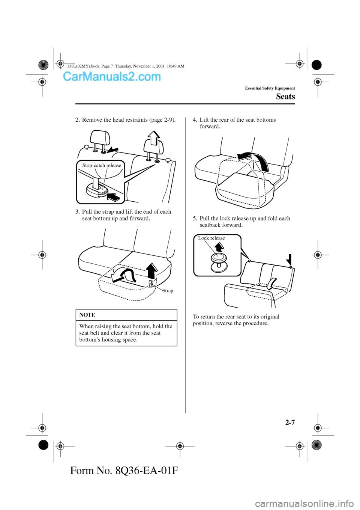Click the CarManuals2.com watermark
click(112, 77)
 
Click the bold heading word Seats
click(285, 97)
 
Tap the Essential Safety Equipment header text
click(270, 88)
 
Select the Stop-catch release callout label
click(102, 166)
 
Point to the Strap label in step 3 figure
click(168, 291)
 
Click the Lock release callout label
click(211, 238)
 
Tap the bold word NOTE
click(87, 315)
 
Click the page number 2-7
click(290, 422)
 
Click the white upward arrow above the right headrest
click(153, 138)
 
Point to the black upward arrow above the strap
click(151, 270)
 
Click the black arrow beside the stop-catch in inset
click(113, 196)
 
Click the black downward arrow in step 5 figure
click(289, 260)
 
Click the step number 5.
click(195, 219)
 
